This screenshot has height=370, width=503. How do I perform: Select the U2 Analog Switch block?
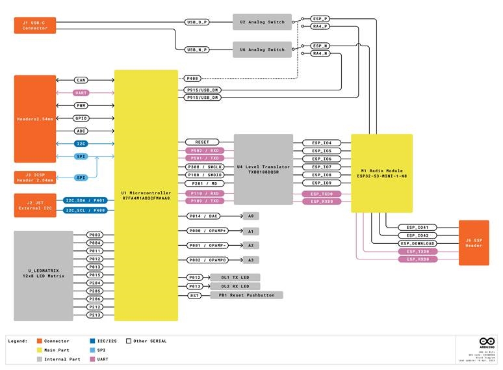[262, 22]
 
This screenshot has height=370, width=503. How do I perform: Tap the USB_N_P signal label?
[197, 49]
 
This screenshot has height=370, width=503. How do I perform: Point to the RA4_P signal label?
[320, 27]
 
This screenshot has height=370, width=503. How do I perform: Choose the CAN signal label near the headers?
[81, 80]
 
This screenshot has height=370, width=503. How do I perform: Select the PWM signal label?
[81, 105]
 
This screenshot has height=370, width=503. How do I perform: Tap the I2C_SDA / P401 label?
[86, 200]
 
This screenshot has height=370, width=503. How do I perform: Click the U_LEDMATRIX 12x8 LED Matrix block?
[44, 275]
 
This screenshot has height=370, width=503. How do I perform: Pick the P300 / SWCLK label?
[205, 167]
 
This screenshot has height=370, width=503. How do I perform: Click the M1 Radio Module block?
[381, 173]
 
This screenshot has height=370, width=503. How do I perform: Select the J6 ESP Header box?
[473, 243]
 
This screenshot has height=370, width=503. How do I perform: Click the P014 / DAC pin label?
[205, 215]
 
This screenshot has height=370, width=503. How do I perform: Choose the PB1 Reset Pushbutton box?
[246, 295]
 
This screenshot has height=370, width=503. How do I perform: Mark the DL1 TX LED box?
[235, 277]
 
